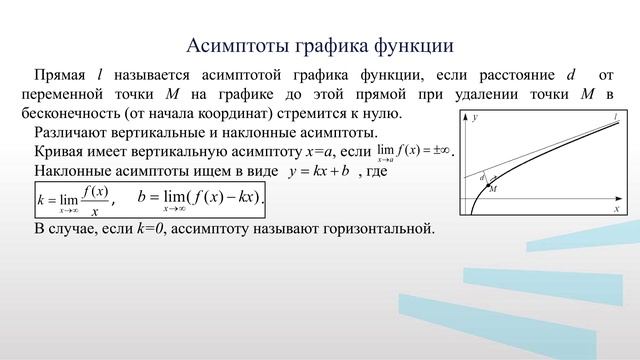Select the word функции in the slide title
point(410,45)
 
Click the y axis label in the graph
point(475,118)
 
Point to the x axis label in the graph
point(617,210)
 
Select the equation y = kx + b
point(318,171)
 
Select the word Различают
point(72,132)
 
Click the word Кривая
point(62,151)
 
